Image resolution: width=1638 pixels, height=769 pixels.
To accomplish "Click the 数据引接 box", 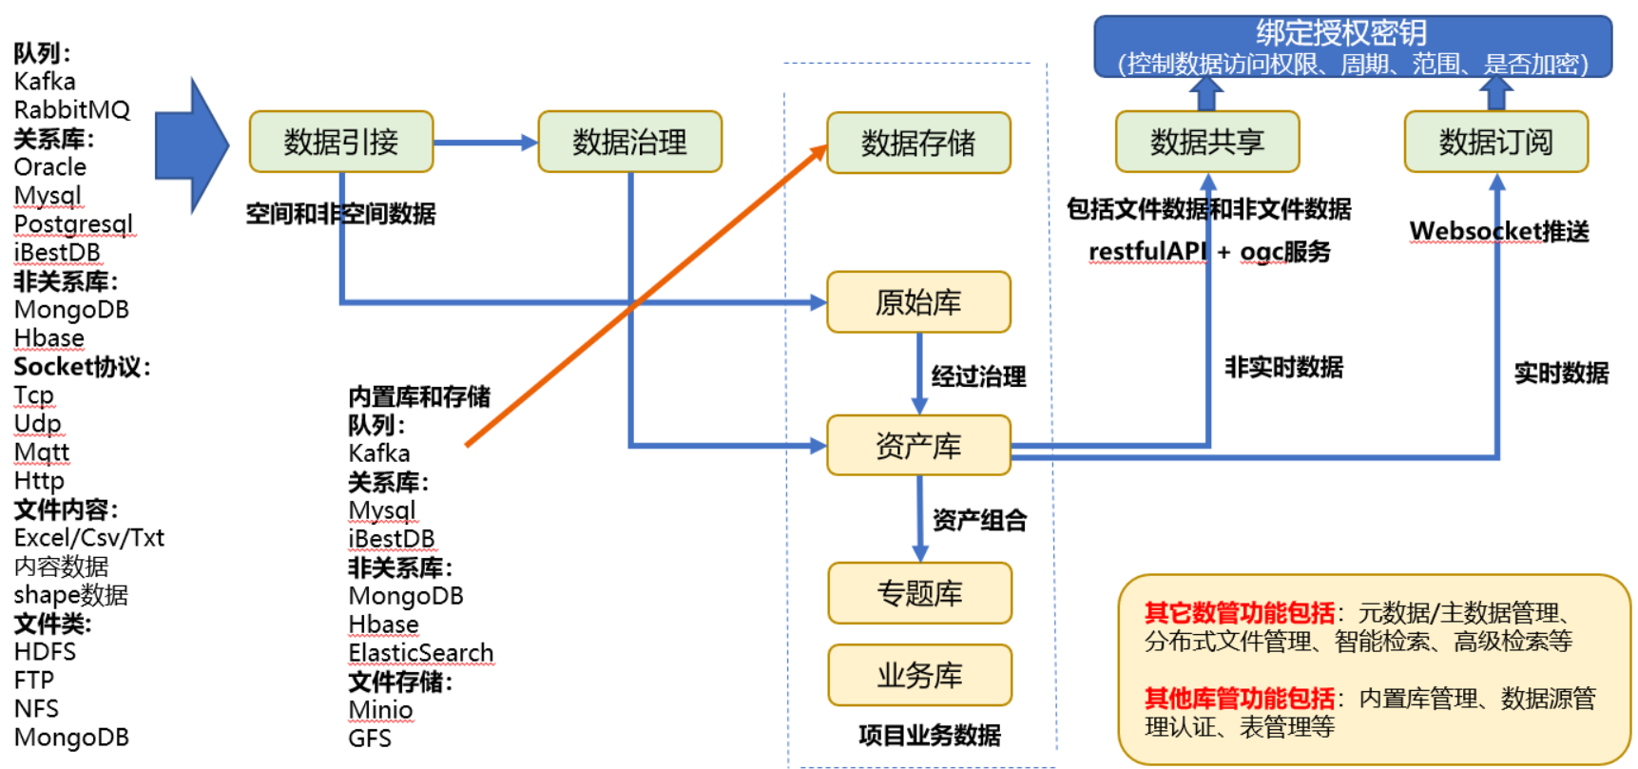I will click(340, 142).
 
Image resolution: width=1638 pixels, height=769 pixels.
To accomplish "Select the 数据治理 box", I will click(629, 142).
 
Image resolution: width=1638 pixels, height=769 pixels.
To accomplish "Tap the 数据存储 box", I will click(918, 143).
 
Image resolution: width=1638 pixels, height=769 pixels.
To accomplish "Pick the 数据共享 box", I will click(1207, 142).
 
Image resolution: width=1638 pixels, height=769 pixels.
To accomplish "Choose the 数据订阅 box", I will click(1495, 142).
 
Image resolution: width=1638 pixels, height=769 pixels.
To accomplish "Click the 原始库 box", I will click(918, 302).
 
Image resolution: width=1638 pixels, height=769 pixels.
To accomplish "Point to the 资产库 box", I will click(918, 445).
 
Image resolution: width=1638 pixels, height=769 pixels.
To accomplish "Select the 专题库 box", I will click(919, 593).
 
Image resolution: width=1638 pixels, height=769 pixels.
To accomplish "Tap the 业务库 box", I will click(919, 676).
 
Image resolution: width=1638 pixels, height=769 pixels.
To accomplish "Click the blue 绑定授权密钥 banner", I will click(1353, 47).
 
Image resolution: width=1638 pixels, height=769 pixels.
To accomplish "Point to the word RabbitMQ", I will click(72, 110).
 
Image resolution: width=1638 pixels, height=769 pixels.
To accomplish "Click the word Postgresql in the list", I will click(73, 224).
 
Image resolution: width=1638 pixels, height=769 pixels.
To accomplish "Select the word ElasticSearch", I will click(421, 653).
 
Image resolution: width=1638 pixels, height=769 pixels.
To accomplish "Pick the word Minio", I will click(380, 710).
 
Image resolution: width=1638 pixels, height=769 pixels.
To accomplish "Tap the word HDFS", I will click(45, 652).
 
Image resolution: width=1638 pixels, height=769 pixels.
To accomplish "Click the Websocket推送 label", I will click(1499, 231).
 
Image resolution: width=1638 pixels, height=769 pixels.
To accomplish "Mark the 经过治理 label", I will click(978, 376).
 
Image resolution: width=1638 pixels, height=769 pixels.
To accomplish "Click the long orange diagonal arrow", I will click(646, 297).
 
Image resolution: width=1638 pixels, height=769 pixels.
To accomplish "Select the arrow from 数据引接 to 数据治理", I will click(485, 143).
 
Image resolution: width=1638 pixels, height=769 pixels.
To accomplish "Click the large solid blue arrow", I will click(191, 145).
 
